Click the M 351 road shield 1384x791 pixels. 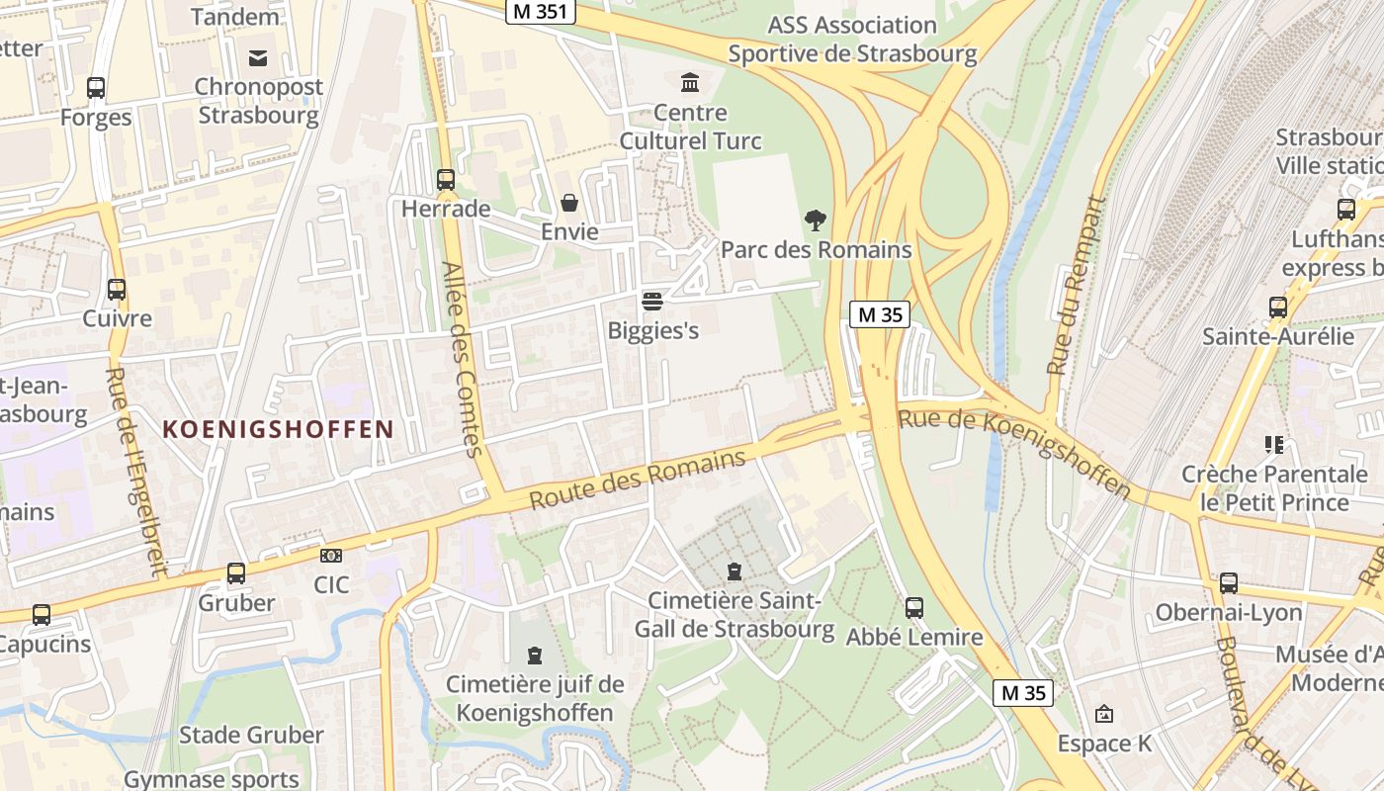point(540,12)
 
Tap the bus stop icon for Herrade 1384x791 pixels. point(446,180)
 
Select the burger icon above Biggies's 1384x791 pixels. point(651,301)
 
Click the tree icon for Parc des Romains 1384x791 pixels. point(816,220)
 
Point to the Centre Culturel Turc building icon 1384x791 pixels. point(690,82)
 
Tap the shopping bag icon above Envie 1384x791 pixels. point(569,203)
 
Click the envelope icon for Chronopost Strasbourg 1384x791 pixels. point(258,57)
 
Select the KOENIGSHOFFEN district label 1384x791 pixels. point(278,429)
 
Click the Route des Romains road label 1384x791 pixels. point(637,481)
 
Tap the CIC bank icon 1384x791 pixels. point(331,556)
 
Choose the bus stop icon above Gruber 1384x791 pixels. point(236,572)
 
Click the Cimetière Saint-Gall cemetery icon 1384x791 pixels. point(734,571)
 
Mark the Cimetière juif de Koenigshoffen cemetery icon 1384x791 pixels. point(535,655)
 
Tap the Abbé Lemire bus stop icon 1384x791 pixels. point(914,607)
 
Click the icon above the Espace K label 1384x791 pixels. point(1104,713)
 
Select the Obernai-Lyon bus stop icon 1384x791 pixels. point(1229,582)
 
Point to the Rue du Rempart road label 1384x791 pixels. point(1075,286)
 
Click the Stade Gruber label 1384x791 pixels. point(251,735)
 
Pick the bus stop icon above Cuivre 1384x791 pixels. point(117,290)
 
